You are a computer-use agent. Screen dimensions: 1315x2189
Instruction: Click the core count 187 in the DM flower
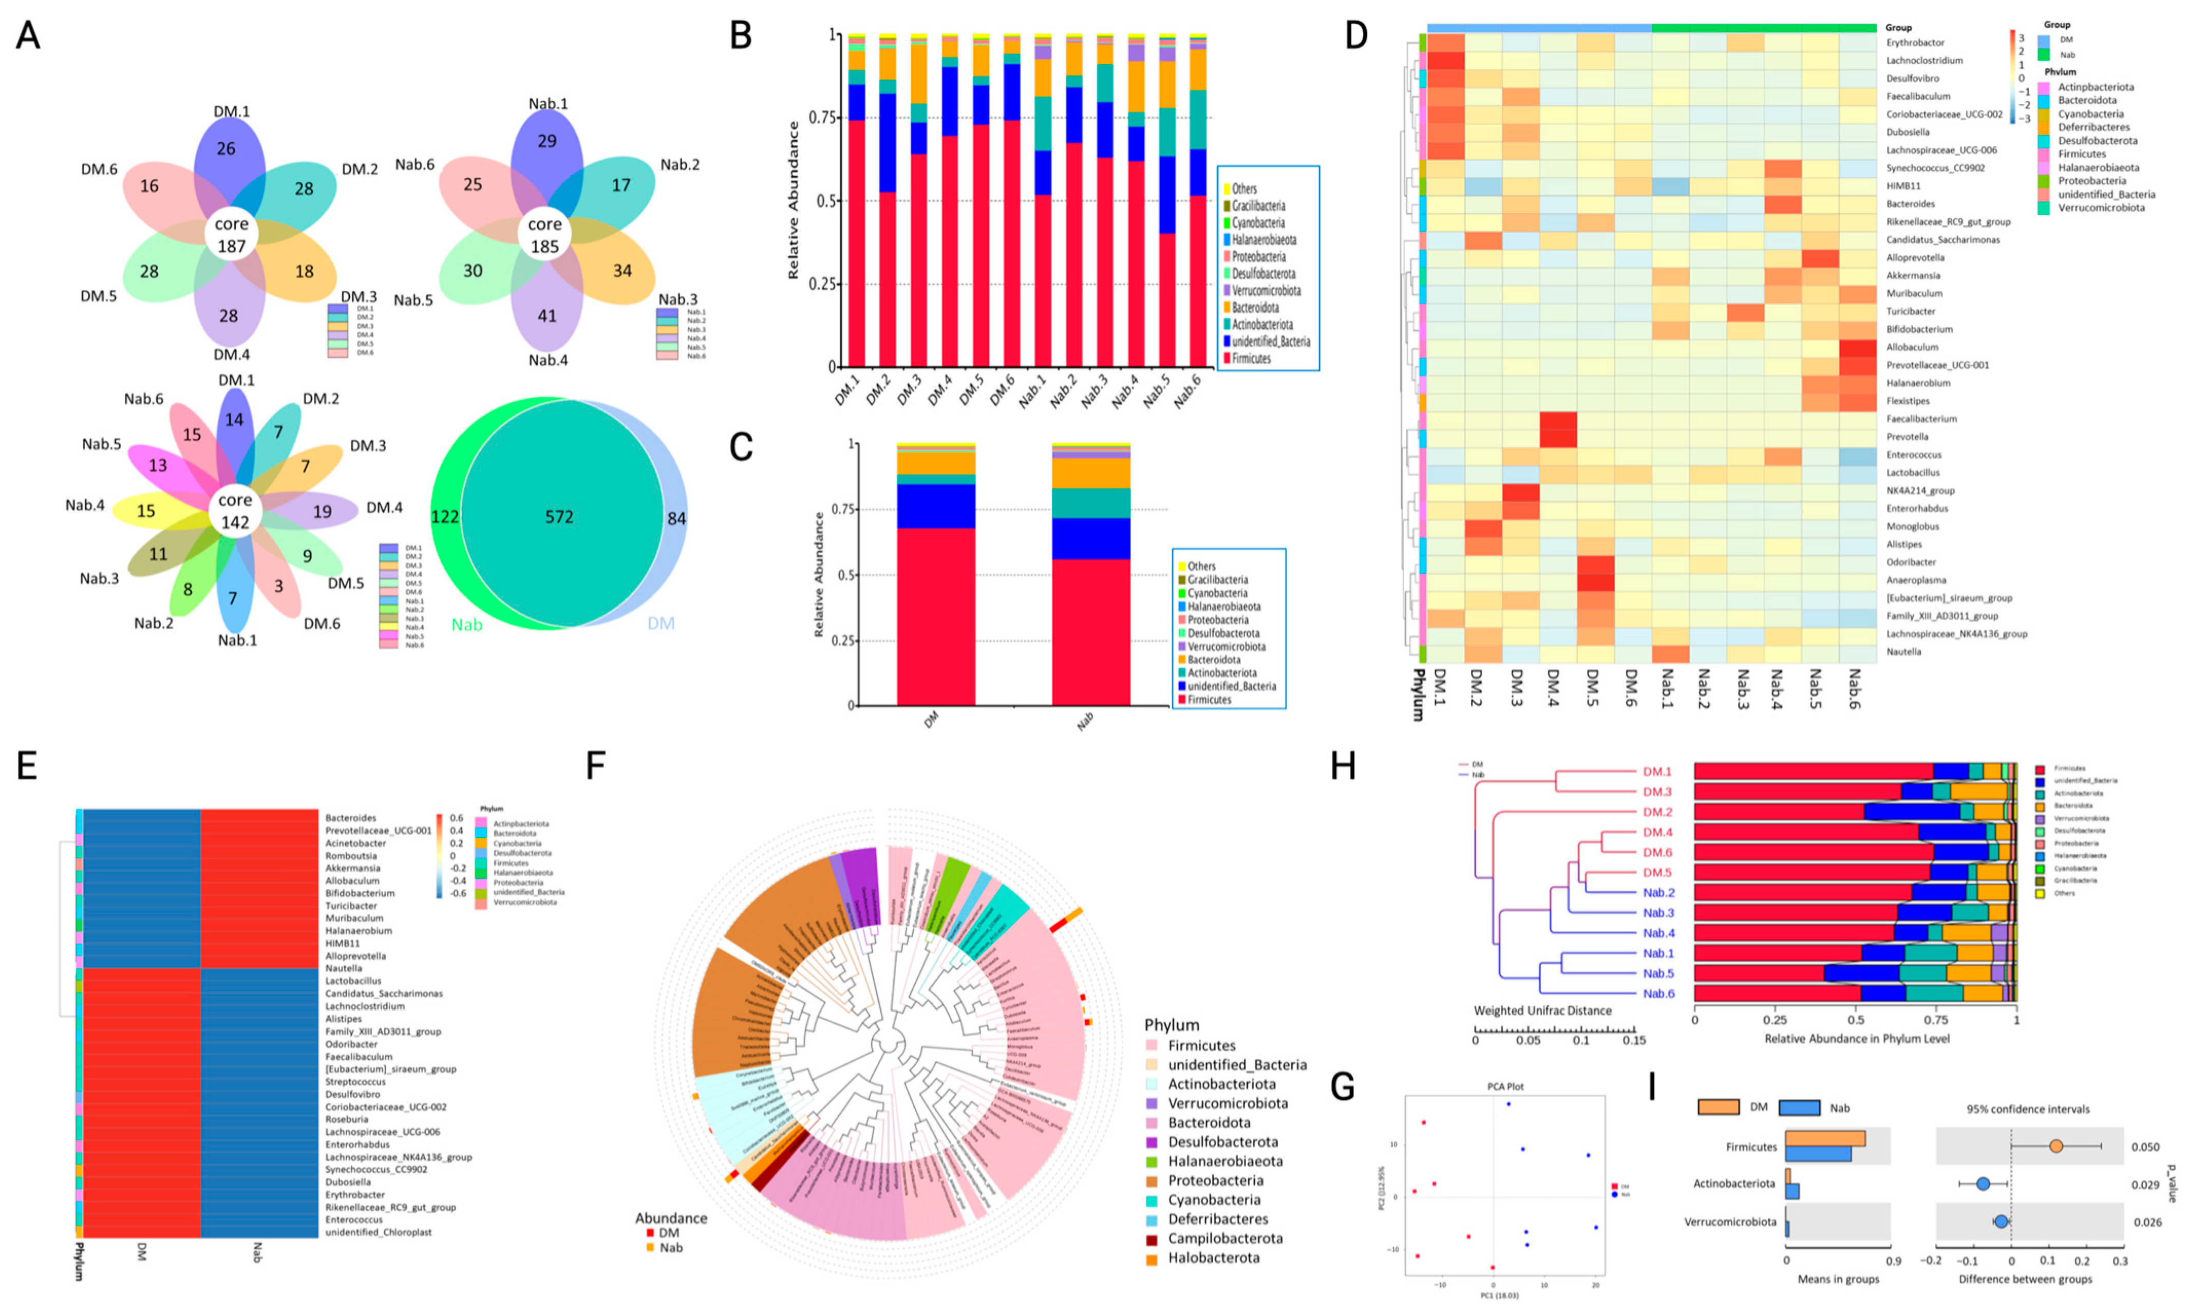pyautogui.click(x=231, y=247)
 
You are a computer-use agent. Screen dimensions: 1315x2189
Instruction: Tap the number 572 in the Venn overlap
pyautogui.click(x=559, y=517)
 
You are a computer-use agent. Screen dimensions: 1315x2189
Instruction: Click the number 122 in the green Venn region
pyautogui.click(x=445, y=517)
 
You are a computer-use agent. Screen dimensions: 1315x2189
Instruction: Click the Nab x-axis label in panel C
pyautogui.click(x=1085, y=721)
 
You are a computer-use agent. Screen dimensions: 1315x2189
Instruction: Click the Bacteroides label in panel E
pyautogui.click(x=351, y=818)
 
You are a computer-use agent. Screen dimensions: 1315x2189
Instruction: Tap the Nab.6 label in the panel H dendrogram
pyautogui.click(x=1658, y=993)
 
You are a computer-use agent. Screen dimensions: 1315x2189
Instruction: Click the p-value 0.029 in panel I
pyautogui.click(x=2145, y=1185)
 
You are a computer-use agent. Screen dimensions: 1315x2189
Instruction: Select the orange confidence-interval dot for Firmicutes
pyautogui.click(x=2056, y=1147)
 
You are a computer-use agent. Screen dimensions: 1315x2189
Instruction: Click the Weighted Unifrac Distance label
pyautogui.click(x=1542, y=1010)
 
